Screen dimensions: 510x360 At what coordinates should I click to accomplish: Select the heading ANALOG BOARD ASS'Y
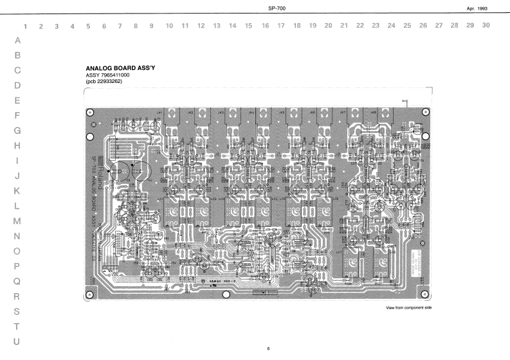pos(123,67)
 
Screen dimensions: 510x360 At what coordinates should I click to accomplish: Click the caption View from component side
pos(409,309)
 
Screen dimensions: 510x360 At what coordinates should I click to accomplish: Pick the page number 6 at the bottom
pos(269,348)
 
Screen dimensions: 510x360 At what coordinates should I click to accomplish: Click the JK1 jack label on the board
pos(159,113)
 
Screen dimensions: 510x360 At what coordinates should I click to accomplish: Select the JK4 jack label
pos(251,113)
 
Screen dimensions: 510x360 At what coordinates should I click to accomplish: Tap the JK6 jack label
pos(313,113)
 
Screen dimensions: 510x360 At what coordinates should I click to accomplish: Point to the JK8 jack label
pos(374,113)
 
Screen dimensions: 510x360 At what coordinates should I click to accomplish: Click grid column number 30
pos(486,26)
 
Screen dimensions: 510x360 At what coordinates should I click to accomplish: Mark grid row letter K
pos(17,191)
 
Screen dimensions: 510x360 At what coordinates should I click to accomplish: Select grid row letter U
pos(17,341)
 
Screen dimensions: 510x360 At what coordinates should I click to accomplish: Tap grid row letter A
pos(17,40)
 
